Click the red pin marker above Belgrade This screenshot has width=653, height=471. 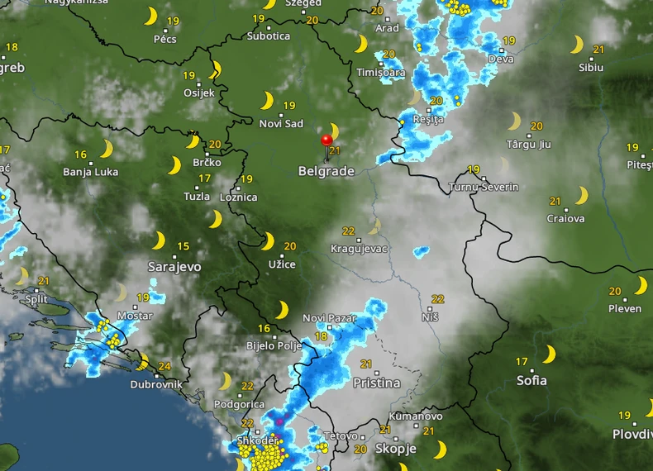point(327,140)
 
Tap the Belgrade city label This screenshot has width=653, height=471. point(326,172)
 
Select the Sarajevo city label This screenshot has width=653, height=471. point(174,267)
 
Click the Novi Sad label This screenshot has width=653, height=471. point(281,124)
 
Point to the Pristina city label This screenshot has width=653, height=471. point(376,383)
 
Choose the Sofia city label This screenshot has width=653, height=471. point(531,381)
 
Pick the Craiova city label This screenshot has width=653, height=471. point(565,219)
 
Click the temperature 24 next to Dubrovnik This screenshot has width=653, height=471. point(164,367)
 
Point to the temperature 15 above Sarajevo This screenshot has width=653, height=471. point(183,246)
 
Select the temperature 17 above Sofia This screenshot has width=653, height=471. point(522,361)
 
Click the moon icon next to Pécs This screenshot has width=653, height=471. point(150,17)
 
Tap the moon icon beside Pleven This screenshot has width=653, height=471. point(640,286)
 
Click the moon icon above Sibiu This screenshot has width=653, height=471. point(576,45)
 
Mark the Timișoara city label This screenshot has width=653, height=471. point(381,73)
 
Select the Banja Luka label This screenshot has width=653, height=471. point(90,173)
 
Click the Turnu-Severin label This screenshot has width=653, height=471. point(484,188)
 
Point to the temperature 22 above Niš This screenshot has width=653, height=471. point(437,299)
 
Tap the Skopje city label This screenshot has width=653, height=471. point(395,449)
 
